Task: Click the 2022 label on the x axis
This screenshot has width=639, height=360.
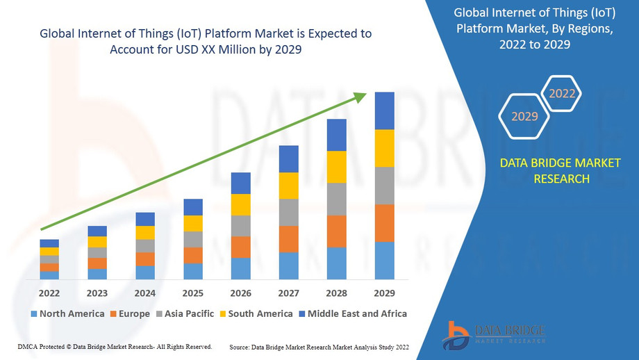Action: point(49,293)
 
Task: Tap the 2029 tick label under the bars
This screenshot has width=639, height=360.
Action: point(384,293)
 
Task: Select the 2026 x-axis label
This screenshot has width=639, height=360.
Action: point(240,293)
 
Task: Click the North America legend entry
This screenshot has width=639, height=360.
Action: point(67,313)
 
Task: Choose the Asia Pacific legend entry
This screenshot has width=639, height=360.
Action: point(184,313)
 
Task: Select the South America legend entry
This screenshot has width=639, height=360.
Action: point(255,313)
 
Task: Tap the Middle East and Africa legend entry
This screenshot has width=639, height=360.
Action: point(352,313)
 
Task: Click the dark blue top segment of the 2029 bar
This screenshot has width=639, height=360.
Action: point(384,111)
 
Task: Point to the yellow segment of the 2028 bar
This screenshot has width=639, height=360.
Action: point(336,167)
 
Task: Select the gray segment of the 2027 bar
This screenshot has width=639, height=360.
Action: point(288,212)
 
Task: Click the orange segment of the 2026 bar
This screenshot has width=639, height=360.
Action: point(240,247)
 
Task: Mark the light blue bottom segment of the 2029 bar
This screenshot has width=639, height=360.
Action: point(384,261)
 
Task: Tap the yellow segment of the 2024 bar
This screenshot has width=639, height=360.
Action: point(145,233)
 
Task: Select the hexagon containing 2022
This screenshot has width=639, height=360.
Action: point(562,93)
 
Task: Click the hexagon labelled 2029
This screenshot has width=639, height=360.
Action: point(524,116)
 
